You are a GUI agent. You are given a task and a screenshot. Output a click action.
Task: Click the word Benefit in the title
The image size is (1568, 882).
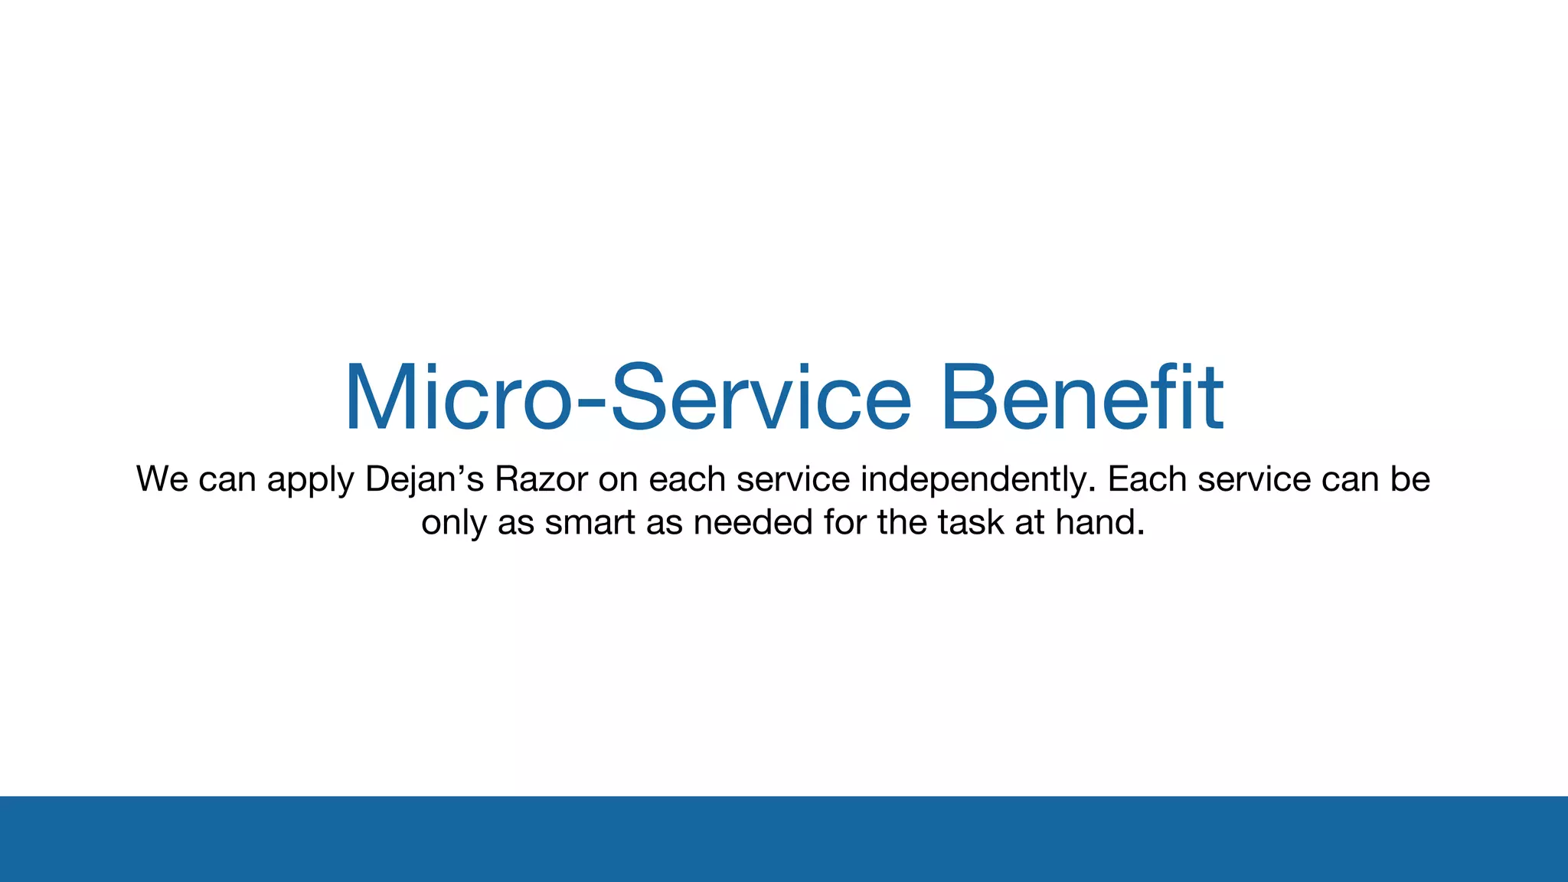click(x=1081, y=398)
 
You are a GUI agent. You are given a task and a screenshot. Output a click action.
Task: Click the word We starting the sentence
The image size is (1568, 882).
click(x=162, y=479)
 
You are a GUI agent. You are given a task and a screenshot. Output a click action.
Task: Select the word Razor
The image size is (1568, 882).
click(x=541, y=479)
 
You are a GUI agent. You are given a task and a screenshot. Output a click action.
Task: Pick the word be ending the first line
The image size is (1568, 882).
click(x=1410, y=479)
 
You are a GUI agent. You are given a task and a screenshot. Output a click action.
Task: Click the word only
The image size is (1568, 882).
click(x=453, y=524)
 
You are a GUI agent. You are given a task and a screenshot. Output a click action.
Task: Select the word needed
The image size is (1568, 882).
click(x=753, y=522)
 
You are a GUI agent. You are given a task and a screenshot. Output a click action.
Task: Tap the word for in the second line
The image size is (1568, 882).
click(x=845, y=522)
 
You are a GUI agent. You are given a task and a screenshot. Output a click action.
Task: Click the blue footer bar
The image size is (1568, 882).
click(x=784, y=838)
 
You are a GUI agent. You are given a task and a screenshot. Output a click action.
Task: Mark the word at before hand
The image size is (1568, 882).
click(x=1030, y=523)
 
